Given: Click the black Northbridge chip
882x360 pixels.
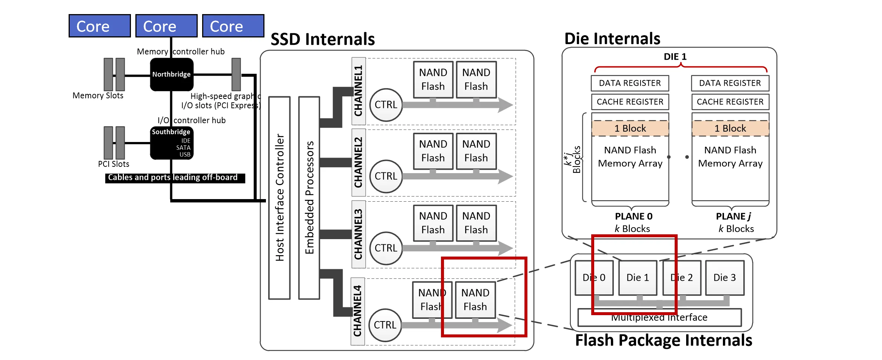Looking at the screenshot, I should tap(171, 74).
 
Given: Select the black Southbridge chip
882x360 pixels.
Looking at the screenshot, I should tap(171, 143).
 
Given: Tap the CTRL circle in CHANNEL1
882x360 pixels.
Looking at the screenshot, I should tap(386, 105).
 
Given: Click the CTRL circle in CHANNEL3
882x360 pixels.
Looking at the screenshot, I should tap(386, 248).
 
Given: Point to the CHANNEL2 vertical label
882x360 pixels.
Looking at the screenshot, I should tap(358, 162).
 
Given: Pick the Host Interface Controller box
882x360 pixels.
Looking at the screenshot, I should tap(279, 198).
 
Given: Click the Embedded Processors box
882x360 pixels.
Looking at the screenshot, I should tap(309, 198).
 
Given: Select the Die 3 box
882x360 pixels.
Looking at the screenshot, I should tap(724, 278).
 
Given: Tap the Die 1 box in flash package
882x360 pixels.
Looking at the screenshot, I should tap(638, 278).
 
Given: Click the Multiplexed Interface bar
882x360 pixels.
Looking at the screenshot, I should tap(659, 318).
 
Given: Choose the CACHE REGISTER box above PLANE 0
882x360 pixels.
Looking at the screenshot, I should tap(630, 102).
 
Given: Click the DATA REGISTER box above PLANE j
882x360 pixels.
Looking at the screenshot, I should tap(730, 83).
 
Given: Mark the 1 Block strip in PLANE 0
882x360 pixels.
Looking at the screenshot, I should tap(630, 128).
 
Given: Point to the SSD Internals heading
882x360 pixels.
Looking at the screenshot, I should tap(322, 39).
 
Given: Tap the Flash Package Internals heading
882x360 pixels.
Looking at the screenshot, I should tap(663, 340).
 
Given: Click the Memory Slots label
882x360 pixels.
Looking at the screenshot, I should tap(98, 96).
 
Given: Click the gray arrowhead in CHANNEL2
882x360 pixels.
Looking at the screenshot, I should tap(505, 176).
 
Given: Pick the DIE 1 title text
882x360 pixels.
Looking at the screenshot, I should tap(675, 57).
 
